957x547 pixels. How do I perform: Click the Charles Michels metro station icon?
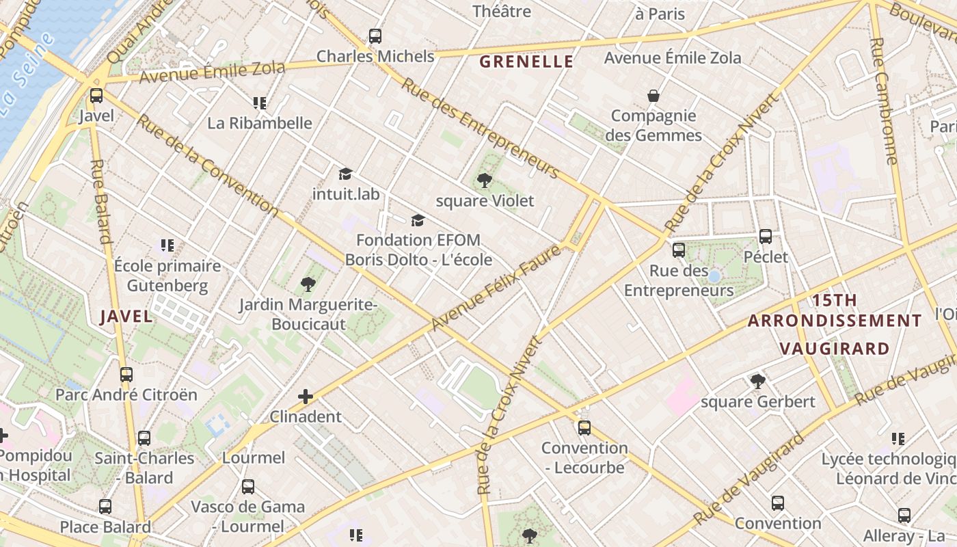[x=375, y=36]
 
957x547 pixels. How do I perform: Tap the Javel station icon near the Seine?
[x=96, y=96]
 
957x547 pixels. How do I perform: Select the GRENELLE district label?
[x=526, y=62]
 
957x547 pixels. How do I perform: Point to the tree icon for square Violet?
[x=485, y=181]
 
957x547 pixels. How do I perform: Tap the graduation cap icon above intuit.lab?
[x=345, y=174]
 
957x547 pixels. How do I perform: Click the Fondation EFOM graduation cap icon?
[x=418, y=220]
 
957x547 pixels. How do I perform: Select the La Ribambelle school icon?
[x=259, y=103]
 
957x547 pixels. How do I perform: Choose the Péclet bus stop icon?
[x=766, y=237]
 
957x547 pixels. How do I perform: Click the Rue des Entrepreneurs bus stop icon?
[x=678, y=250]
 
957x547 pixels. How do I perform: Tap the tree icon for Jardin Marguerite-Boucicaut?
[x=308, y=284]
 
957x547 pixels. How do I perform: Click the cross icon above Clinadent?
[x=306, y=396]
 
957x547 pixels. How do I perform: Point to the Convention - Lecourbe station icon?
[x=584, y=428]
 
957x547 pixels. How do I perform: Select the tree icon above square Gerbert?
[x=757, y=381]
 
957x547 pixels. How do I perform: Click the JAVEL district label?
[x=126, y=316]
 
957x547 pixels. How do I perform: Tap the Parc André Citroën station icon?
[x=126, y=374]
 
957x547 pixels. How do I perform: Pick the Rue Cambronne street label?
[x=883, y=101]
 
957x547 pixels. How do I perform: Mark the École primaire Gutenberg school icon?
[x=167, y=245]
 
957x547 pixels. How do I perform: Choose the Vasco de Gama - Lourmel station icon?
[x=247, y=487]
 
